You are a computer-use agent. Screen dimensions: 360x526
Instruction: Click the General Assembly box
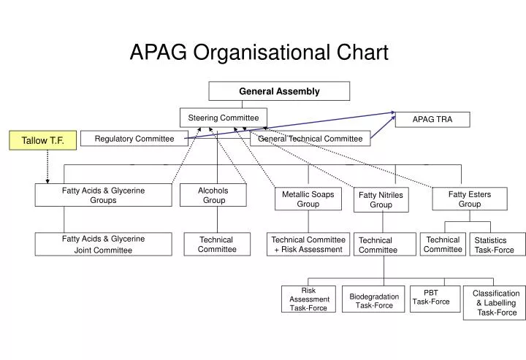pos(279,91)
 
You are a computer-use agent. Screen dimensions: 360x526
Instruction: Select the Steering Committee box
pos(224,118)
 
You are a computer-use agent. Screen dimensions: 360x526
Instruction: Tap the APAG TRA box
pos(432,120)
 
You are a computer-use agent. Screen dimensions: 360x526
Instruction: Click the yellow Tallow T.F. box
pos(43,140)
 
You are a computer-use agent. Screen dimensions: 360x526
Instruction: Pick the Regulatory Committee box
pos(134,139)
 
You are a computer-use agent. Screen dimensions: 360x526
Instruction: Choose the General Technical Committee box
pos(310,139)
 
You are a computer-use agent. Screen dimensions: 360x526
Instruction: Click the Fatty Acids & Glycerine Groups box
pos(103,195)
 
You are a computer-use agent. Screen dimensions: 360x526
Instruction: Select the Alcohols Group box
pos(213,195)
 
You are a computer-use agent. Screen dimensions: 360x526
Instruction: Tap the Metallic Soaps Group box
pos(308,199)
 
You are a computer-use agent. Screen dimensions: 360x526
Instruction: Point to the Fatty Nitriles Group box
pos(381,200)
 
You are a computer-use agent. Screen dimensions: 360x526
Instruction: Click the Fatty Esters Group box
pos(469,199)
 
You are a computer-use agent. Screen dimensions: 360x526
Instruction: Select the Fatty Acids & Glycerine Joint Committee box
pos(103,244)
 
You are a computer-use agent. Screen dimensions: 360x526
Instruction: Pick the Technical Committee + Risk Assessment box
pos(308,245)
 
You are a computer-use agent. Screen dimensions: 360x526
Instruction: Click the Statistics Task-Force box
pos(495,245)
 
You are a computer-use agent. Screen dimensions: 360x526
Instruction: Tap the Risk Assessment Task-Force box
pos(309,299)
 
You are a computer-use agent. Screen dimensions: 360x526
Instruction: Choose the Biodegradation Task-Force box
pos(374,301)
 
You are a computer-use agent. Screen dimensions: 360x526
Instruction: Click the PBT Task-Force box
pos(431,297)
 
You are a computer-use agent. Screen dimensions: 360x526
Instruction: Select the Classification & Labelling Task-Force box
pos(495,302)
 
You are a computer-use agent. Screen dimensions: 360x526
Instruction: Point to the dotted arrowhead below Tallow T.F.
pos(47,180)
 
